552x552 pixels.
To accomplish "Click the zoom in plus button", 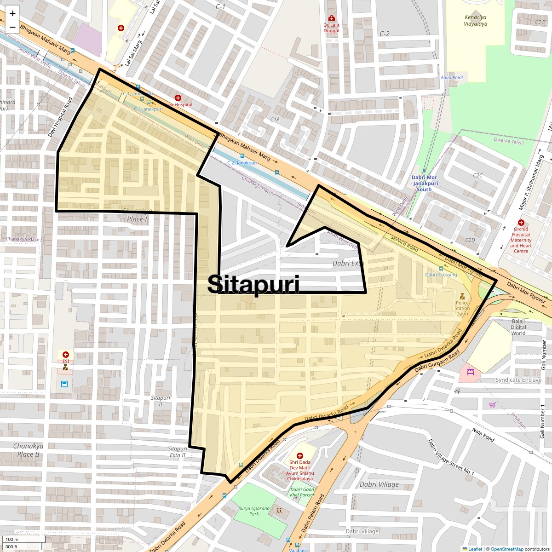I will (x=12, y=13).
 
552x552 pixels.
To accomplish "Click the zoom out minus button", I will (x=12, y=27).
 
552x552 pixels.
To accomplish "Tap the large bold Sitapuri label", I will (x=253, y=284).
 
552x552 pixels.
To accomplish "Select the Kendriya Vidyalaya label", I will (x=475, y=21).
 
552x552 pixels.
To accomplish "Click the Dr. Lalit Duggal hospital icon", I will (x=331, y=18).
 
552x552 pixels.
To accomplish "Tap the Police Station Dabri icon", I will (x=462, y=296).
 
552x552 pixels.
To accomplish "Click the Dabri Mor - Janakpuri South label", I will (x=424, y=183).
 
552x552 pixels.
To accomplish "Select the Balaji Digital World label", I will (x=518, y=327).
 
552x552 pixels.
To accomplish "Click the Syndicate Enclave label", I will (x=518, y=380).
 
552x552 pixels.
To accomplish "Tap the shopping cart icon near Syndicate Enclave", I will (x=492, y=405).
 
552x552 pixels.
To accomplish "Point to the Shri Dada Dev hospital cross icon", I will (x=300, y=455).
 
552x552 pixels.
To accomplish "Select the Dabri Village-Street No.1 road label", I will (x=451, y=458).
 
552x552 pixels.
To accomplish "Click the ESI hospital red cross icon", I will (x=66, y=355).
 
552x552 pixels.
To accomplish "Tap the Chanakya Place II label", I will (x=28, y=450).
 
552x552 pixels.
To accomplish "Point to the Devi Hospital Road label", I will (x=60, y=117).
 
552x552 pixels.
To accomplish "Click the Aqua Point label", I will (x=452, y=77).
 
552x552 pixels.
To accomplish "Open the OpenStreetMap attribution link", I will (x=506, y=549).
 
